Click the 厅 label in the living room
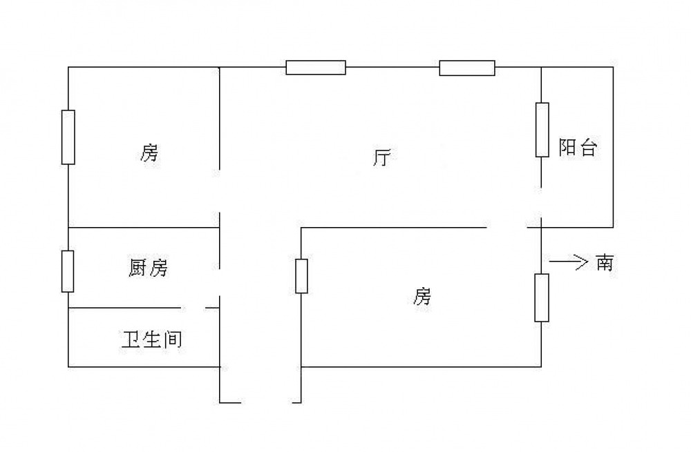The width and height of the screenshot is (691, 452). [381, 158]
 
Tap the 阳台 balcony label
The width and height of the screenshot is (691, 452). [577, 148]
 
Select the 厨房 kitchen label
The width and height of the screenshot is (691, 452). [148, 268]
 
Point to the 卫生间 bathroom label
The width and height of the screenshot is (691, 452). [152, 339]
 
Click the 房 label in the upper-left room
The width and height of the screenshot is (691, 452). [149, 153]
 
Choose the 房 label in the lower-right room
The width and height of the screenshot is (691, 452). [422, 297]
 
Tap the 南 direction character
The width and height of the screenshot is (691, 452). [604, 263]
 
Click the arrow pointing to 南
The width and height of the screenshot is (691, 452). [567, 262]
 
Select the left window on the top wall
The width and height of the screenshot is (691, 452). [316, 68]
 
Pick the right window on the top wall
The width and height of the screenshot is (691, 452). [467, 68]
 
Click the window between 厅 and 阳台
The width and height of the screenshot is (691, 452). [542, 130]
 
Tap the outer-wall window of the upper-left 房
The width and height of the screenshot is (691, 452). [68, 137]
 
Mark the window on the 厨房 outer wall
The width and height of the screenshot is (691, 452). [68, 271]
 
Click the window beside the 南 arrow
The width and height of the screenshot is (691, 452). [542, 297]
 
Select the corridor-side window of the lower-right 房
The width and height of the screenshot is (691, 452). [301, 275]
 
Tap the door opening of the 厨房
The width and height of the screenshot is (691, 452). [220, 282]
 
